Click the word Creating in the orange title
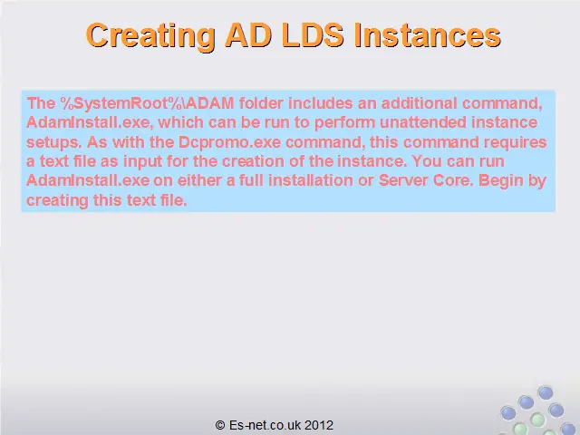151,36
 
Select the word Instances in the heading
427,35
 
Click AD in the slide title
248,35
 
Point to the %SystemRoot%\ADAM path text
148,103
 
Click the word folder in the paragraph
261,103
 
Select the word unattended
423,122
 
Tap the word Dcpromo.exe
229,142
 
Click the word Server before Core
403,180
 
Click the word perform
345,123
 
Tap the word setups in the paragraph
53,143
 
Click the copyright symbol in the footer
220,425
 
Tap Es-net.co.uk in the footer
265,425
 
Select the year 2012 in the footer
319,425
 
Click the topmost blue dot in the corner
546,392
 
